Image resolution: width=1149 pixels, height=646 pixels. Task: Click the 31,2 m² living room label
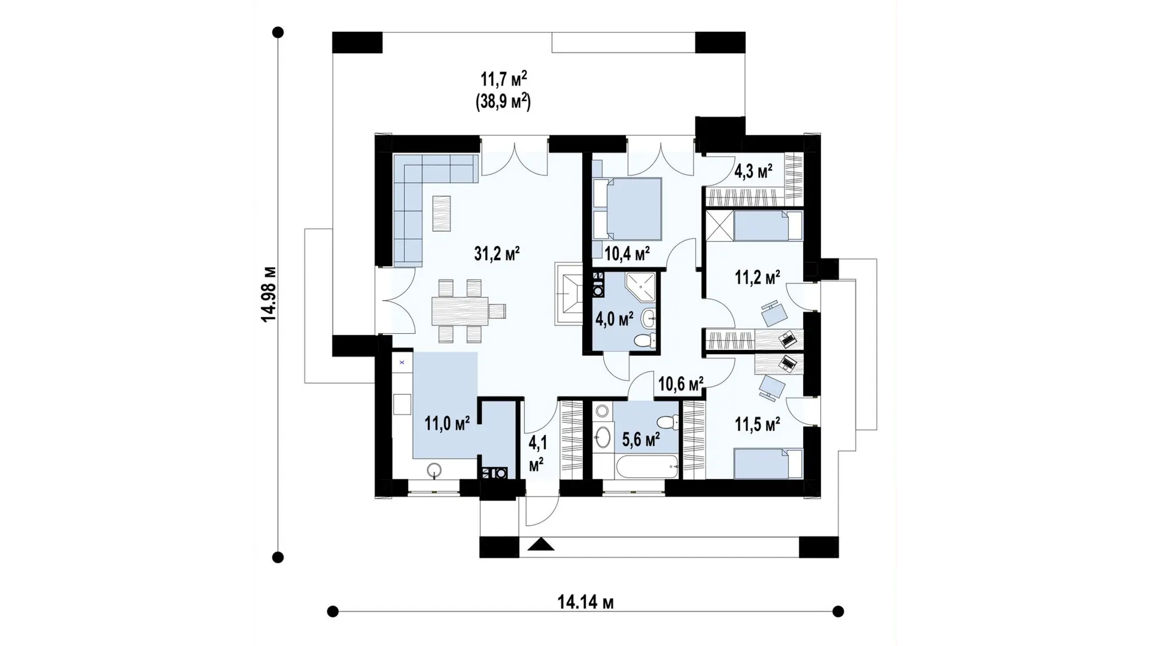[x=497, y=254]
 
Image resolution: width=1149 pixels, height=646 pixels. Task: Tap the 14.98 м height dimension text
[x=269, y=294]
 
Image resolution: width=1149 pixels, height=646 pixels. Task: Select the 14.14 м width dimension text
[x=585, y=602]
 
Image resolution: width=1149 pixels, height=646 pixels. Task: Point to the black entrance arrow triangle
[x=541, y=544]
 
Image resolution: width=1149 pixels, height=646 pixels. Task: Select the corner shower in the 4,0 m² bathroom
[x=640, y=288]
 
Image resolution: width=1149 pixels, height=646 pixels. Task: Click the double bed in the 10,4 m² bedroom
[x=627, y=209]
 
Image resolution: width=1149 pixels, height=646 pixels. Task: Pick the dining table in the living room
[x=459, y=311]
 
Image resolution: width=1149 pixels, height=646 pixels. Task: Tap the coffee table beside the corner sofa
[x=442, y=214]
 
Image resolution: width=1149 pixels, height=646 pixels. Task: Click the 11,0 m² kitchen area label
[x=447, y=424]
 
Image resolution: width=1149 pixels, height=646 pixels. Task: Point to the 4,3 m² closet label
[x=753, y=172]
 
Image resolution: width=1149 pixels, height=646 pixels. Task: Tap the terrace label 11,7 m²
[x=504, y=79]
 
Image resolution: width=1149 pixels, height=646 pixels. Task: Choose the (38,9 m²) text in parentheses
[x=503, y=102]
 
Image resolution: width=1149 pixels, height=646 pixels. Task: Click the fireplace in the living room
[x=569, y=294]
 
